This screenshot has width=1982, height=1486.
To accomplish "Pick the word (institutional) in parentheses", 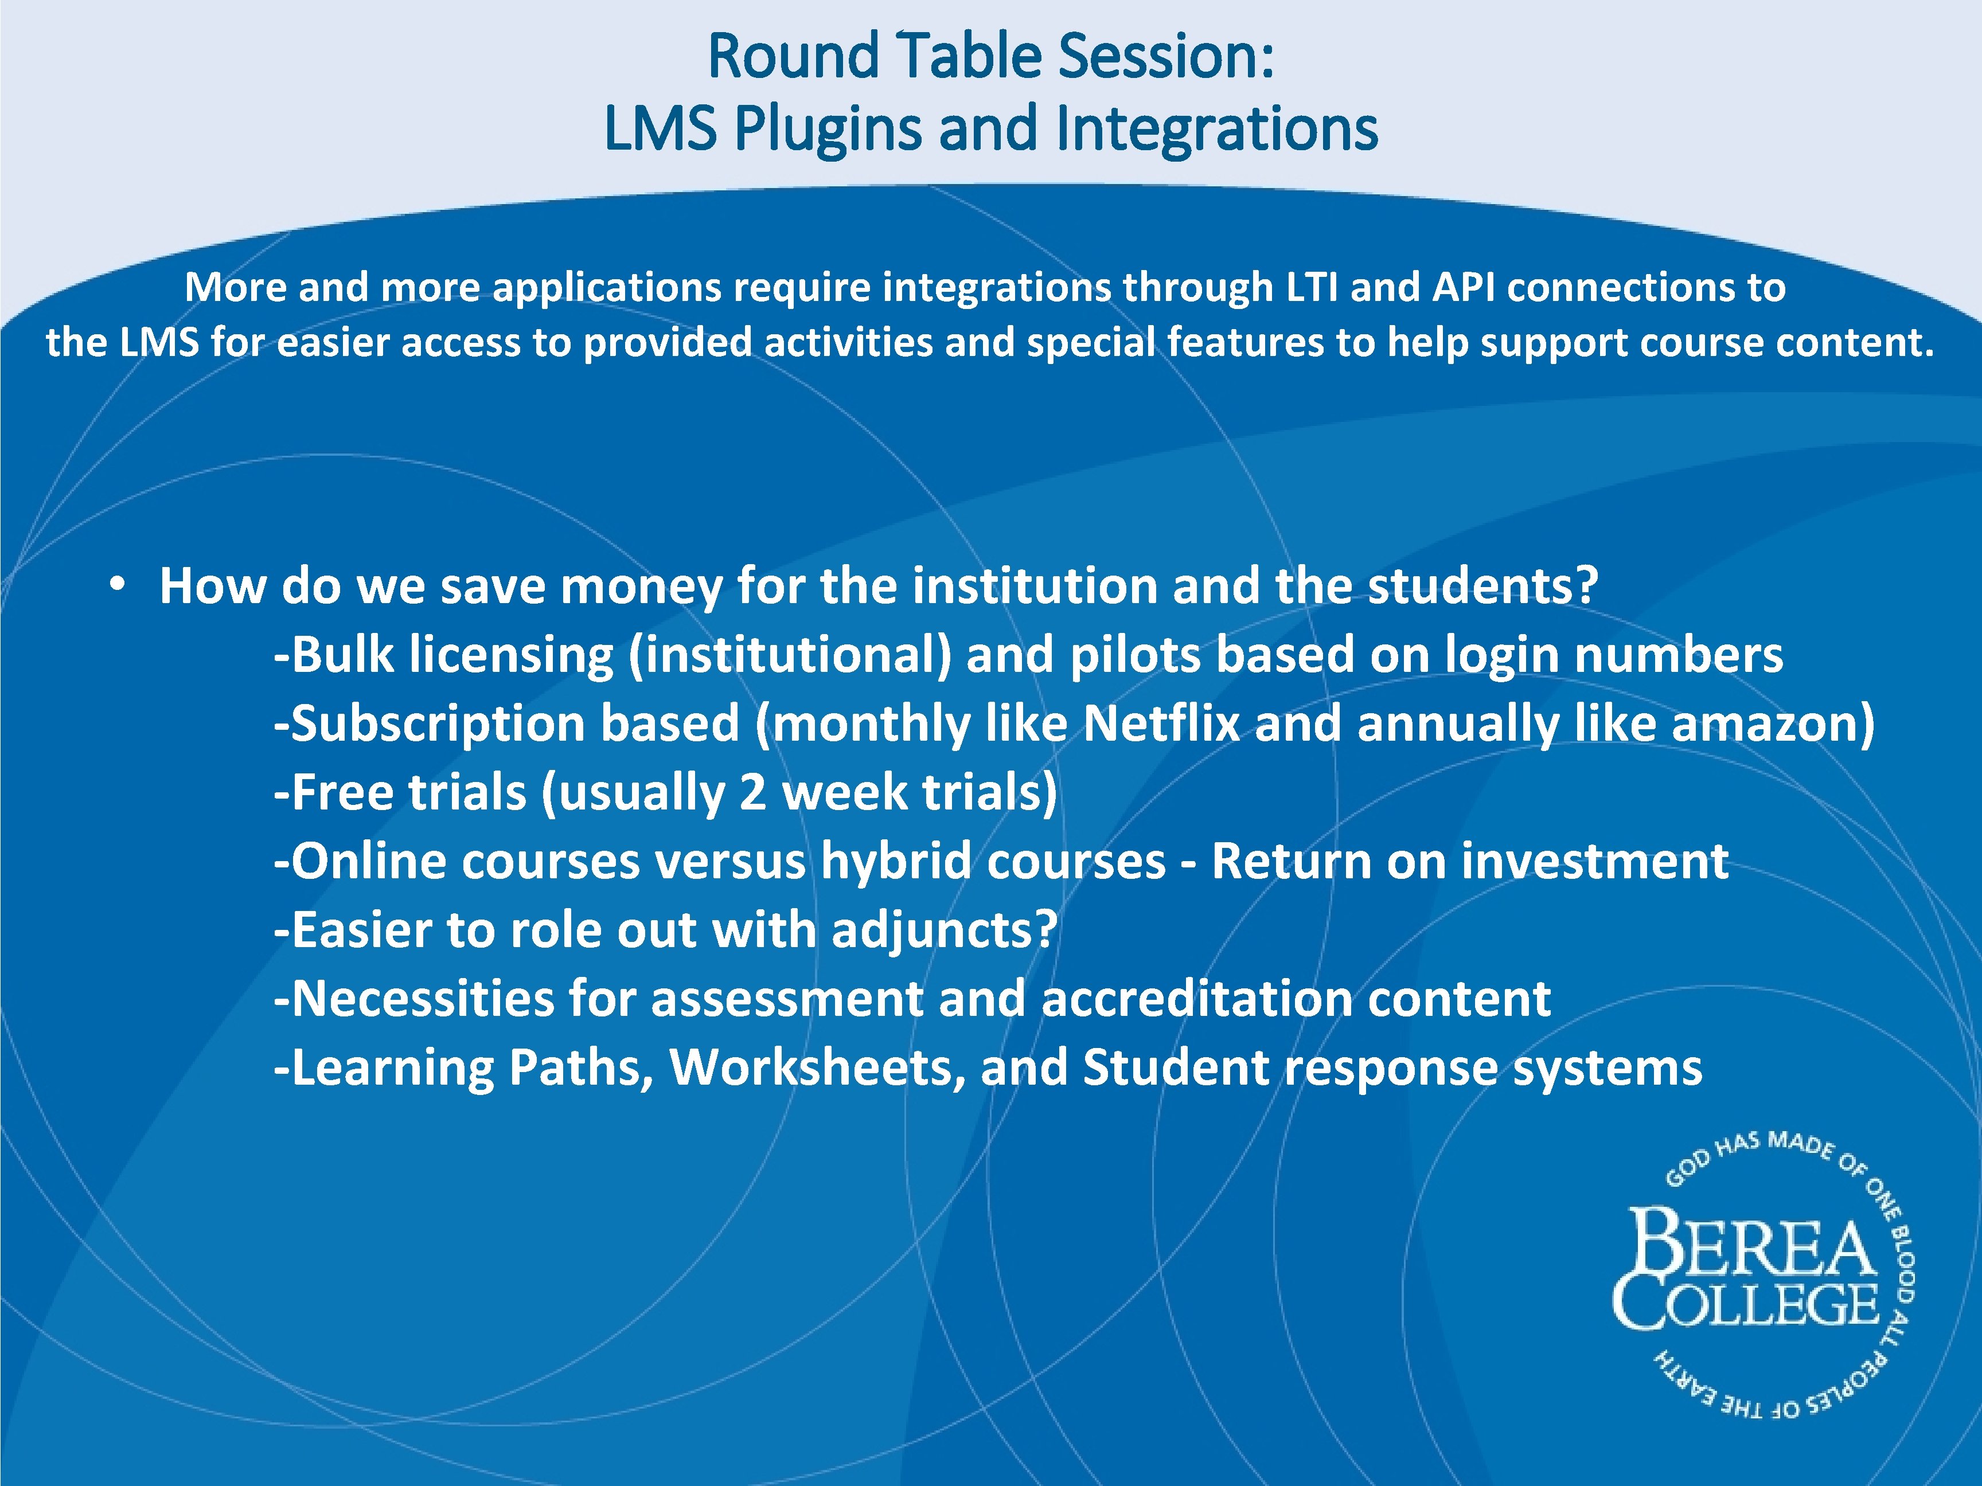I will click(790, 655).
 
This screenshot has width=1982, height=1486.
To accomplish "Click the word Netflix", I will click(1161, 724).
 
